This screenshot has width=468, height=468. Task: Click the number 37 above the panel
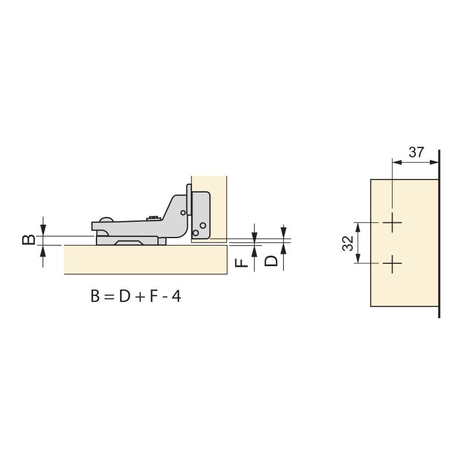tap(416, 153)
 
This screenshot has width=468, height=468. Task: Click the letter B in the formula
tap(96, 297)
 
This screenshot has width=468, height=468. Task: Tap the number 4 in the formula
tap(176, 297)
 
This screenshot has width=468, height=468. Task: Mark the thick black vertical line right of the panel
tap(439, 234)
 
